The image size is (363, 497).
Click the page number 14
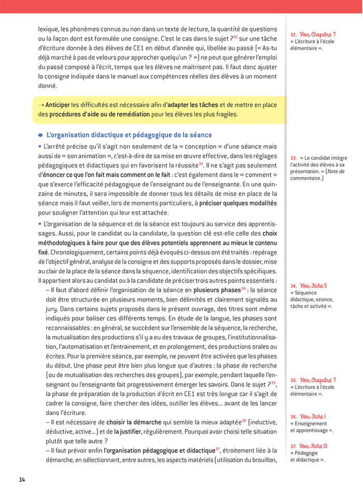22,480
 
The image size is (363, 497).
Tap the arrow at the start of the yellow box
41,105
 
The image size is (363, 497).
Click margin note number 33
294,158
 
